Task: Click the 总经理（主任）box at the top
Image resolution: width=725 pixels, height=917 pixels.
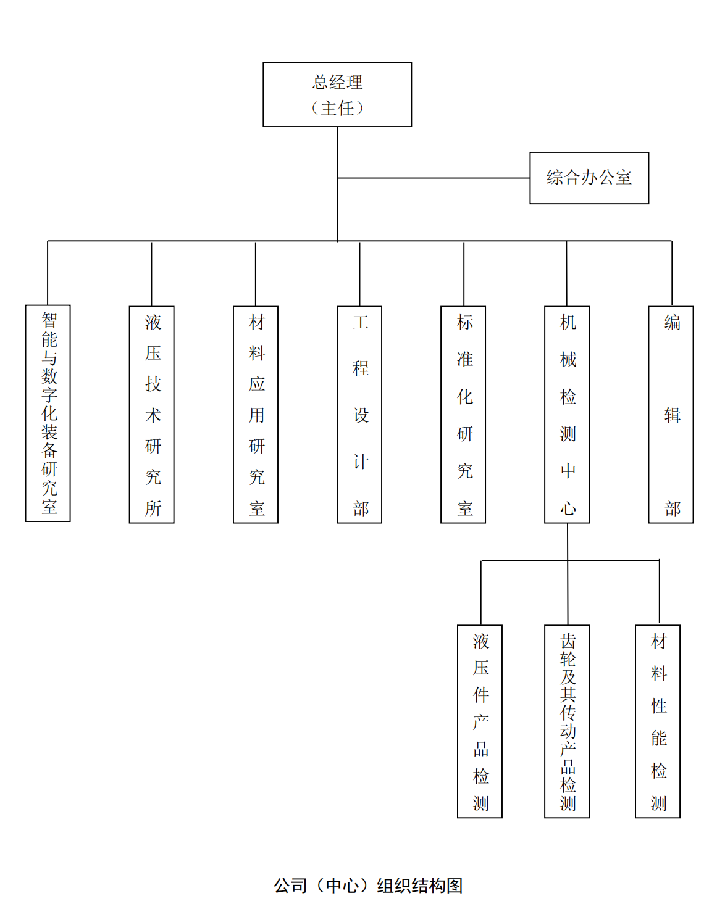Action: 337,94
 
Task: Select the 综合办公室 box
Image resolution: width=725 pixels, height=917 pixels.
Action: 589,178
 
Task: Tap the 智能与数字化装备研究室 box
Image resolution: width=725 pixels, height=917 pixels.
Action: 48,413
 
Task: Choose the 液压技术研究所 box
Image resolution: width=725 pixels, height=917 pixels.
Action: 151,414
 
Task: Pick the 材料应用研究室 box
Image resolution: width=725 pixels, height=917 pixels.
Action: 256,414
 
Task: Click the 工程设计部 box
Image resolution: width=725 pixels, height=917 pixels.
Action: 359,414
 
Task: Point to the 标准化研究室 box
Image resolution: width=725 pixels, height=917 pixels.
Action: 463,414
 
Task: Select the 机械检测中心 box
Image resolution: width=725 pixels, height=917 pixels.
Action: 567,414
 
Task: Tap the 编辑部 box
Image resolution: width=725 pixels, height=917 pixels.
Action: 671,414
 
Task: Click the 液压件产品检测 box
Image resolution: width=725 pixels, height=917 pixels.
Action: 480,721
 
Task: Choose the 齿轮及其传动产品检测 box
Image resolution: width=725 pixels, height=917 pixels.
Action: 567,721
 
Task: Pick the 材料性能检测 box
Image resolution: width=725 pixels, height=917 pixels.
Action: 658,721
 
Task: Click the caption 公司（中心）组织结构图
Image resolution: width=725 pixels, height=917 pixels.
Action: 368,885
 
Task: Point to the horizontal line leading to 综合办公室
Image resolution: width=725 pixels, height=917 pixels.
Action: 434,178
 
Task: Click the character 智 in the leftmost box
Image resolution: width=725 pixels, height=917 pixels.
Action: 49,320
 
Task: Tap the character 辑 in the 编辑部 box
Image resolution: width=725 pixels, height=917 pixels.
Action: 672,415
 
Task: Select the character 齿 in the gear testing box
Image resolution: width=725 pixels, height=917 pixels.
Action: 568,641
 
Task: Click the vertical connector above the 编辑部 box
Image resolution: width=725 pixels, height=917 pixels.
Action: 672,273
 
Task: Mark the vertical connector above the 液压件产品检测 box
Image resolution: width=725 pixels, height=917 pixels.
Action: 481,592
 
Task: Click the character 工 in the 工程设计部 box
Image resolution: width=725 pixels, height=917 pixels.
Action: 361,322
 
